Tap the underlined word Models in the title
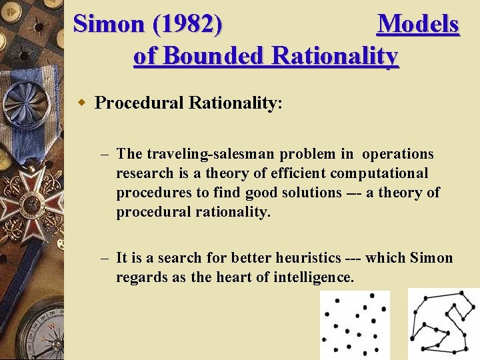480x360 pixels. (x=418, y=24)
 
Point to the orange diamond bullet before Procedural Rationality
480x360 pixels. (x=82, y=103)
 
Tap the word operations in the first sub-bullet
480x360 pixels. (x=397, y=154)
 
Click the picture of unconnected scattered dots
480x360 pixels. (x=355, y=325)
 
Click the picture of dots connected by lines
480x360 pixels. (x=443, y=324)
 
